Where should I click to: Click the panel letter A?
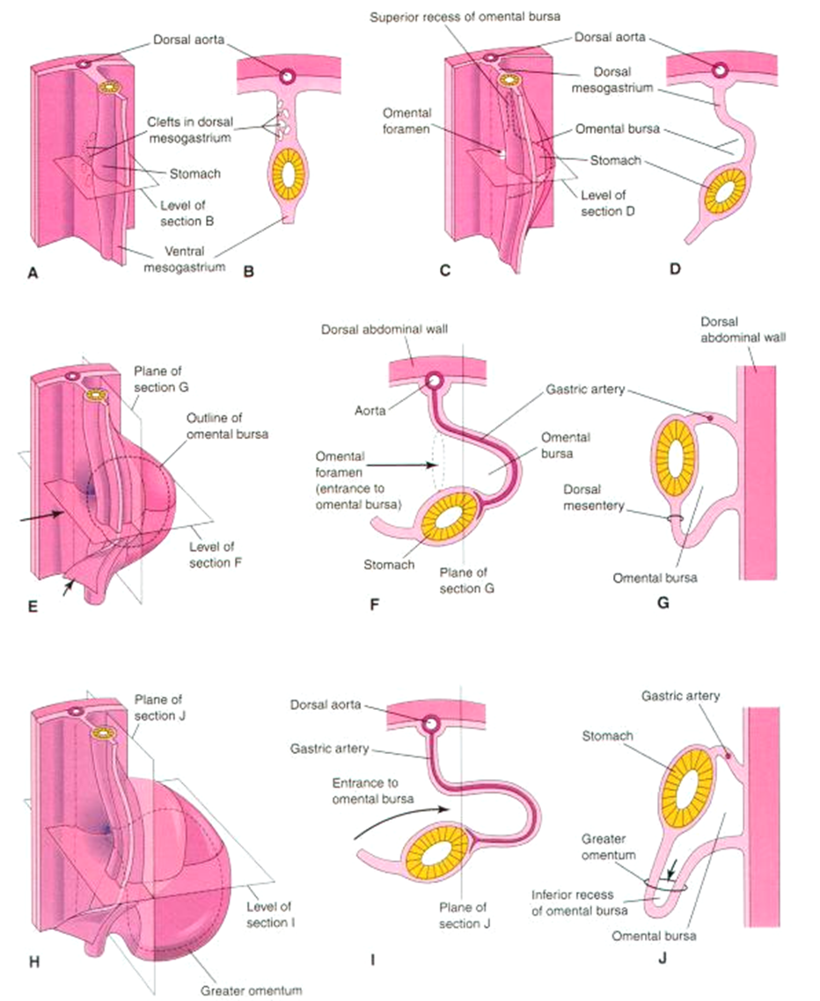(x=33, y=274)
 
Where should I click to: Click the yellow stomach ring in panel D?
(x=721, y=188)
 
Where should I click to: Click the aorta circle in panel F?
(x=434, y=382)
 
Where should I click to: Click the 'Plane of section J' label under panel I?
(x=468, y=915)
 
